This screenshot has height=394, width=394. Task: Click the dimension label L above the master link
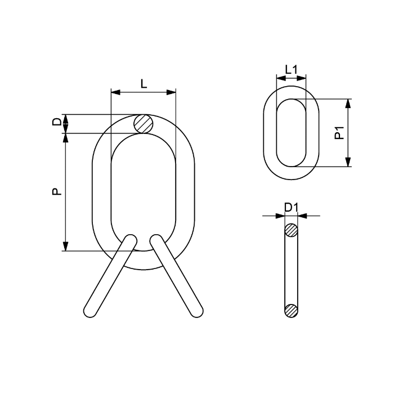pyautogui.click(x=144, y=84)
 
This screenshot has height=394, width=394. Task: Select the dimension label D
pyautogui.click(x=56, y=123)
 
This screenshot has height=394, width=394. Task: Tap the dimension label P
pyautogui.click(x=56, y=191)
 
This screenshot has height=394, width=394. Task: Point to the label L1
pyautogui.click(x=291, y=70)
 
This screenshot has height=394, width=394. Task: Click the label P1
pyautogui.click(x=339, y=133)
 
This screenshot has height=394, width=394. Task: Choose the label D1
pyautogui.click(x=291, y=207)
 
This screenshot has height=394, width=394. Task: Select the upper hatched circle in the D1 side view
pyautogui.click(x=291, y=230)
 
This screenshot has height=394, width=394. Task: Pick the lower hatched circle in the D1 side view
pyautogui.click(x=291, y=310)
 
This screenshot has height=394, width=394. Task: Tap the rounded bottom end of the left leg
pyautogui.click(x=89, y=311)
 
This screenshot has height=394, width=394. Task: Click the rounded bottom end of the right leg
pyautogui.click(x=196, y=311)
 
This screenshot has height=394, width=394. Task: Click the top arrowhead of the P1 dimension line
pyautogui.click(x=348, y=103)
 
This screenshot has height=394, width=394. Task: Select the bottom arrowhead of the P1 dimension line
pyautogui.click(x=348, y=163)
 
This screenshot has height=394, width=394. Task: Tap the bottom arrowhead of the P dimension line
pyautogui.click(x=66, y=247)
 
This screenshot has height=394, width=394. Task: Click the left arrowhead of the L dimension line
pyautogui.click(x=115, y=91)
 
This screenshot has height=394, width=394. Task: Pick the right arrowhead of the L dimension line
pyautogui.click(x=172, y=91)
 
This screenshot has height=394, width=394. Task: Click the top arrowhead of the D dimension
pyautogui.click(x=66, y=118)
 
